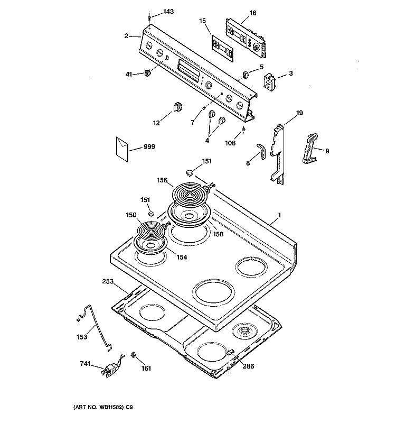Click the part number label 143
(168, 11)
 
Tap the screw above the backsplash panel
(150, 19)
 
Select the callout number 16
(252, 13)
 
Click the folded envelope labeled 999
(122, 149)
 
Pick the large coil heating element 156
(190, 194)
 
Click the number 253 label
(108, 281)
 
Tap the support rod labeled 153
(95, 327)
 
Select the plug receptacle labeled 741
(111, 368)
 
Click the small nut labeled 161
(133, 355)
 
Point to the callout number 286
(248, 366)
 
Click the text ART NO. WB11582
(99, 407)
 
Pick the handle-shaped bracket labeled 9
(310, 148)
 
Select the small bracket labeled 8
(261, 151)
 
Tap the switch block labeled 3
(269, 81)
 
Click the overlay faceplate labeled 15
(222, 49)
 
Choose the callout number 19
(299, 113)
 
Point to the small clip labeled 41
(147, 73)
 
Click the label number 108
(230, 143)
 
